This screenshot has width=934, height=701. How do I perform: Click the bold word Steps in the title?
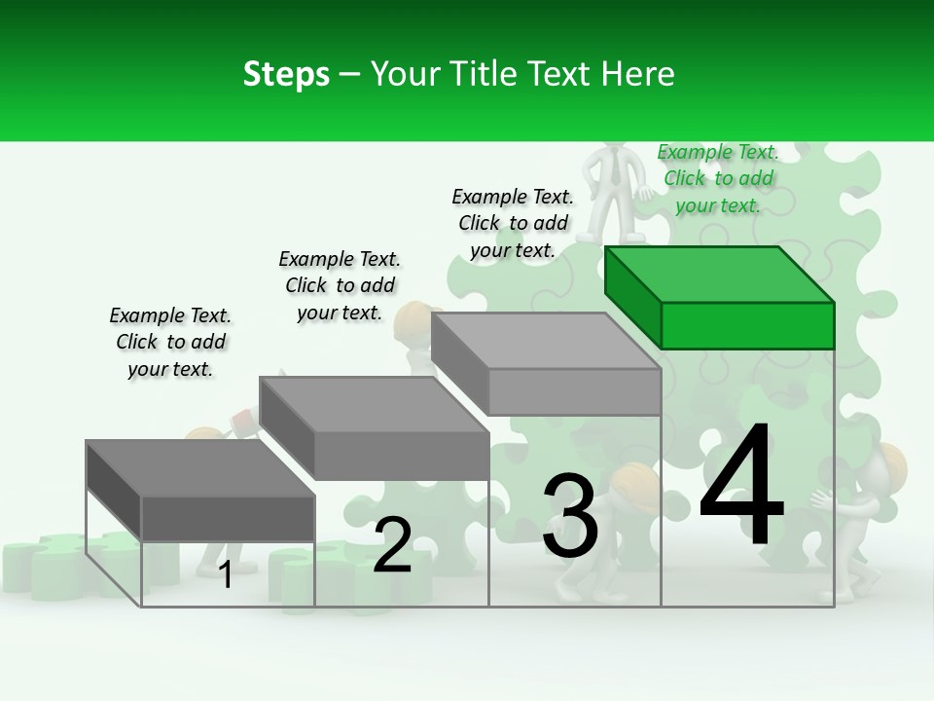[x=286, y=74]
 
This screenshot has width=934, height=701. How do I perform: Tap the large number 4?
[x=741, y=487]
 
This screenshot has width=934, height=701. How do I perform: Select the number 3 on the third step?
[x=570, y=516]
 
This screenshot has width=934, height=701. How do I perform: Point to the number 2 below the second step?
[x=392, y=545]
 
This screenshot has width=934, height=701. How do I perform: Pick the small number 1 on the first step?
[x=226, y=574]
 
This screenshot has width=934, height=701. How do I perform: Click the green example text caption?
[x=718, y=178]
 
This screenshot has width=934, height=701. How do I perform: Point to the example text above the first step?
[x=170, y=342]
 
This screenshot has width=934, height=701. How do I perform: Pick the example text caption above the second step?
[x=340, y=285]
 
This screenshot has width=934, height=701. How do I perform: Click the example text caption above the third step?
[x=513, y=223]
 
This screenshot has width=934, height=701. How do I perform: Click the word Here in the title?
[x=641, y=74]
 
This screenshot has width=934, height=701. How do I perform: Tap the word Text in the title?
[x=564, y=74]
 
